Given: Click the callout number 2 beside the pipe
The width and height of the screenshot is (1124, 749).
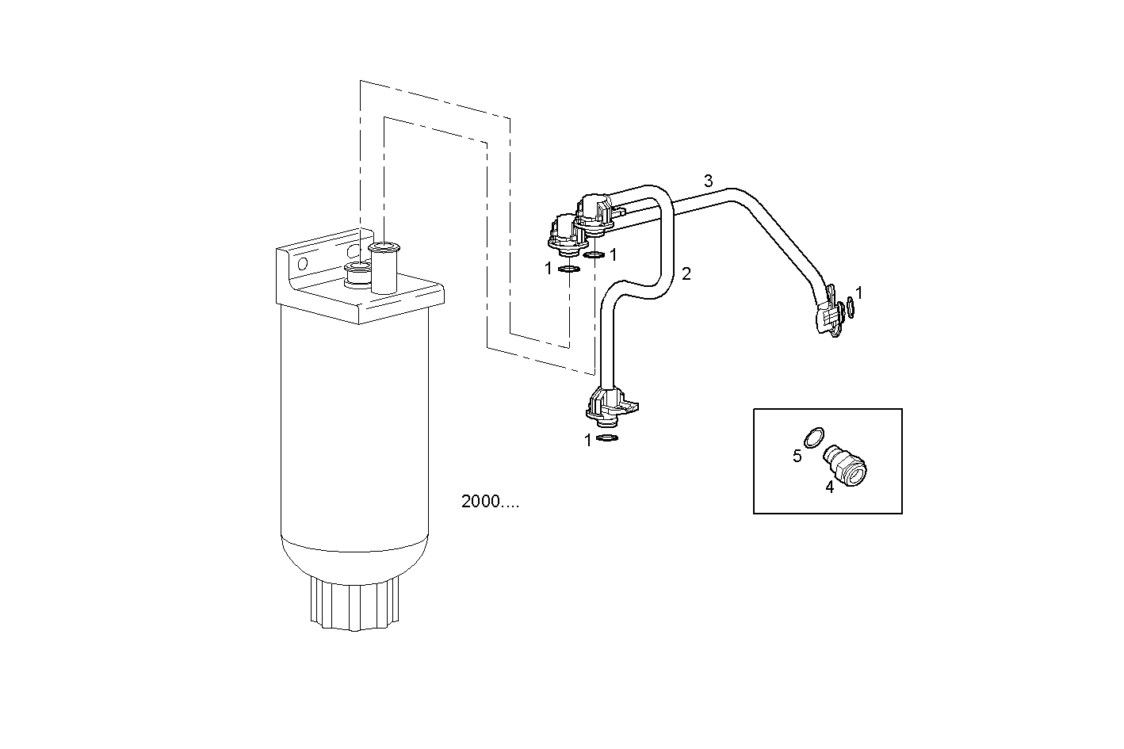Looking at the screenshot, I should pyautogui.click(x=686, y=274).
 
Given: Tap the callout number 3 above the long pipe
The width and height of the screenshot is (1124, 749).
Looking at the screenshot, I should pyautogui.click(x=709, y=181).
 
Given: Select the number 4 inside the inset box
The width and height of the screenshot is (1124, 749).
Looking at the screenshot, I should pyautogui.click(x=830, y=487).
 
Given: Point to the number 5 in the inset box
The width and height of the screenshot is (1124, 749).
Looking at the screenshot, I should pyautogui.click(x=797, y=456).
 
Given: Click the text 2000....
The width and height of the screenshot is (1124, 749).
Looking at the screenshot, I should pyautogui.click(x=490, y=502).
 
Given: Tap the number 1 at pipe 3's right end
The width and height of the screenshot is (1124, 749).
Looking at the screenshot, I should pyautogui.click(x=859, y=293).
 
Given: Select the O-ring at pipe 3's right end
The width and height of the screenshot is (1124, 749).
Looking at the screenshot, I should pyautogui.click(x=850, y=307).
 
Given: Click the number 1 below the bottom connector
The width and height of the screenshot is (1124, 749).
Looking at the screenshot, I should pyautogui.click(x=588, y=441).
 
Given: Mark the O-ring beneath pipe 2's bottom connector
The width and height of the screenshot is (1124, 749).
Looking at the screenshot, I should pyautogui.click(x=607, y=438).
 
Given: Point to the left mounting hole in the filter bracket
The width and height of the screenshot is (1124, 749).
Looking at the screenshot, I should pyautogui.click(x=302, y=262).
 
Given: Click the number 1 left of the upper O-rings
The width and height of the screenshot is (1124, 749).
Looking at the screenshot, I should pyautogui.click(x=548, y=269).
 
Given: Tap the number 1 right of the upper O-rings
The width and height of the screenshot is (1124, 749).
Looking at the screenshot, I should pyautogui.click(x=613, y=254).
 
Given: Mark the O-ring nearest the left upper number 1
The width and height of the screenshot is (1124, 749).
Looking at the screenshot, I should pyautogui.click(x=568, y=269).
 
